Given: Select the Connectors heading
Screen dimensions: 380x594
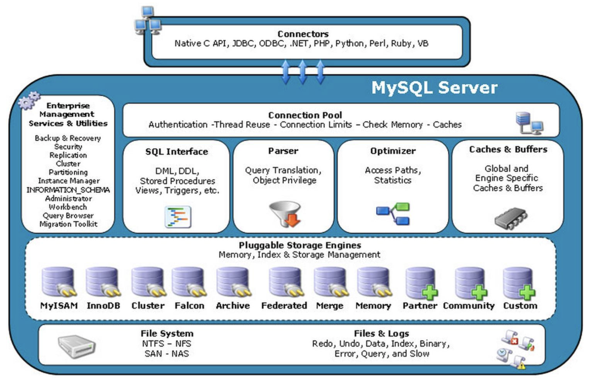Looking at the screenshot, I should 303,34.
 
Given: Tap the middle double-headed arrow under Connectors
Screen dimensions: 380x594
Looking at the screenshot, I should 302,72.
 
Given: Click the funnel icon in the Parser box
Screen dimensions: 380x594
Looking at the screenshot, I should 284,214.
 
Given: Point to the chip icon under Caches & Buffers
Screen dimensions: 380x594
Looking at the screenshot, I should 510,218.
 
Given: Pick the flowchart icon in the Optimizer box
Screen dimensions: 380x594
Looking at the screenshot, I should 393,214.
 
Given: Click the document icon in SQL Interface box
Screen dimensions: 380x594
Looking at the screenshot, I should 178,216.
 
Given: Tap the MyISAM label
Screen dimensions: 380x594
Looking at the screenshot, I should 59,306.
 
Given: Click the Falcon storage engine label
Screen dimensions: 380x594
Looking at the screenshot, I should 189,306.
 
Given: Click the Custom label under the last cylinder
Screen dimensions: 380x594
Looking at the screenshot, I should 520,306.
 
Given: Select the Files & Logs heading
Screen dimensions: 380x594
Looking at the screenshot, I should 381,333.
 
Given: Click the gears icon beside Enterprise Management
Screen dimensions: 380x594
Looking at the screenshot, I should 29,101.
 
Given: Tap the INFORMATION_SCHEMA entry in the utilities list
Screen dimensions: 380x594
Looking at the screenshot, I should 68,189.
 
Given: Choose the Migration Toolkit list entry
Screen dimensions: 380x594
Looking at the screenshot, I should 68,224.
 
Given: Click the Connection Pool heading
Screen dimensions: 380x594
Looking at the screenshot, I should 305,115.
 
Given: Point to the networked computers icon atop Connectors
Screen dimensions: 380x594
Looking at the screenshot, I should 147,20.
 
